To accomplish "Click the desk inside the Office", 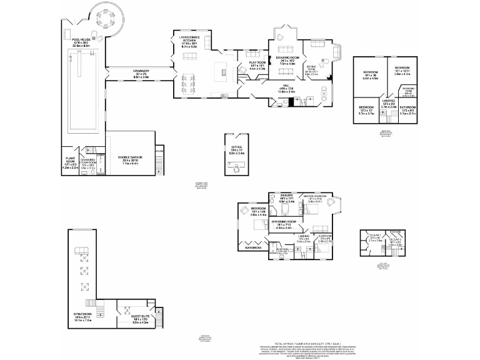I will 237,167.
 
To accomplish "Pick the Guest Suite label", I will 139,317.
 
